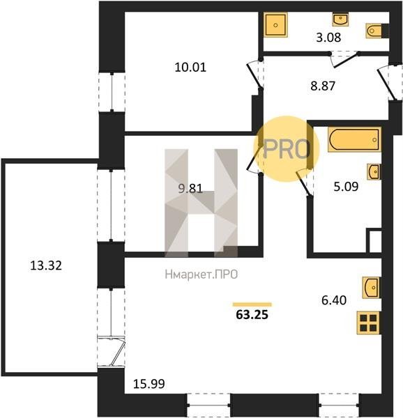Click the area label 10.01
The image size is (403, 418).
click(x=190, y=67)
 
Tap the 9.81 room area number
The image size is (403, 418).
click(x=190, y=189)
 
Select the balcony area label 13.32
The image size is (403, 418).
click(x=46, y=265)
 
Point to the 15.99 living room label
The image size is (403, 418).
click(x=149, y=384)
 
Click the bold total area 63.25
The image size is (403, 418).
click(x=252, y=315)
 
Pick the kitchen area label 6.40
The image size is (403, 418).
click(x=334, y=300)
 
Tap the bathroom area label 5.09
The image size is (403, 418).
click(x=346, y=187)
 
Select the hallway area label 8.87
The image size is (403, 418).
click(x=323, y=86)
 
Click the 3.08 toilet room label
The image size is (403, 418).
click(x=328, y=38)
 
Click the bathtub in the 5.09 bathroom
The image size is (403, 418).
click(x=354, y=140)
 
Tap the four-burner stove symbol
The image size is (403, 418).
click(x=368, y=323)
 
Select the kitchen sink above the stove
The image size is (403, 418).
click(x=371, y=288)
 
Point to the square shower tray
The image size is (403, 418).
click(x=276, y=25)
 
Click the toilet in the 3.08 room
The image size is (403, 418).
click(x=374, y=31)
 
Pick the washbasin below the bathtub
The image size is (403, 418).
click(x=374, y=171)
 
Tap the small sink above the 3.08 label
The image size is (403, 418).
click(x=340, y=19)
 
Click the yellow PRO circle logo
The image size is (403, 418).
click(x=286, y=149)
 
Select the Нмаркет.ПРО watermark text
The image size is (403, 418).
click(x=201, y=274)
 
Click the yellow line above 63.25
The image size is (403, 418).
click(x=252, y=304)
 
